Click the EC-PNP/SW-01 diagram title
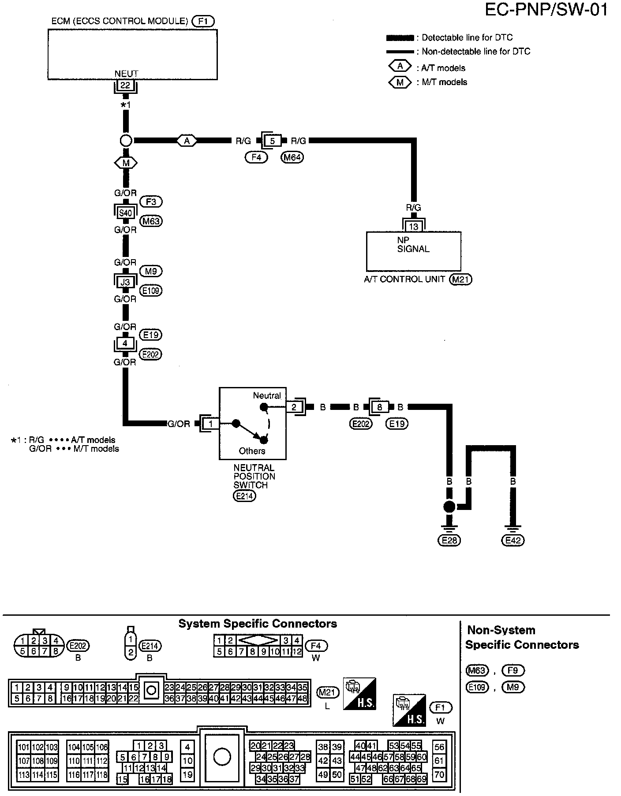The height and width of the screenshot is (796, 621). [546, 10]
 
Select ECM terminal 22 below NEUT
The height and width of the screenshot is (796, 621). [126, 85]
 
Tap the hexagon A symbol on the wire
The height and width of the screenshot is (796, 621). [187, 141]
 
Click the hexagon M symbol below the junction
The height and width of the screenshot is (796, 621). [126, 163]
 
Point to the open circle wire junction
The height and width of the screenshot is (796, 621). [126, 141]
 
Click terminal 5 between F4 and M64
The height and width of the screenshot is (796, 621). [273, 141]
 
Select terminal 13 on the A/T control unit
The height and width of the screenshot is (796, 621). [413, 227]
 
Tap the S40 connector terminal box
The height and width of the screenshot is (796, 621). [126, 213]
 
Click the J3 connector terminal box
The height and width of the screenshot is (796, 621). [126, 282]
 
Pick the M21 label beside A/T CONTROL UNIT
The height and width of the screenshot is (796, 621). [460, 279]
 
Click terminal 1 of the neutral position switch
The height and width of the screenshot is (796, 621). [211, 424]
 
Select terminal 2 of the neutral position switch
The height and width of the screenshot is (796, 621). [294, 407]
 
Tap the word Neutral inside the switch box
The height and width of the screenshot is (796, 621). [267, 395]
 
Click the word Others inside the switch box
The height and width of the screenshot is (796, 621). [252, 451]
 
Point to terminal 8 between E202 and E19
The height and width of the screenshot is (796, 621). [380, 407]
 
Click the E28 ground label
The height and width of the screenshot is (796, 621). [449, 540]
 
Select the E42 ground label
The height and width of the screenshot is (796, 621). [513, 540]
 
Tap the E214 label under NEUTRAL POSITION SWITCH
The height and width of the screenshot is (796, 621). [244, 496]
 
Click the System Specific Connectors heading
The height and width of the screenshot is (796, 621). [258, 624]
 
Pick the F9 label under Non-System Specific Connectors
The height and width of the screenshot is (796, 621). [513, 671]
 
